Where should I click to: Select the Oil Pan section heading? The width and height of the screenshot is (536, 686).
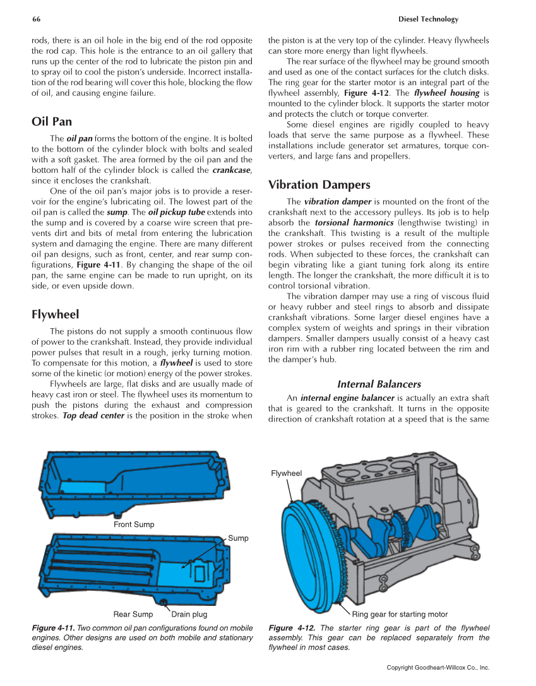pos(52,121)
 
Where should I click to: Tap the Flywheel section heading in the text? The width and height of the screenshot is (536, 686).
pos(55,314)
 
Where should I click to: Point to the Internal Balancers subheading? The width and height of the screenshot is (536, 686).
pos(379,384)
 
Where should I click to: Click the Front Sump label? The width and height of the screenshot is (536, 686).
pos(134,524)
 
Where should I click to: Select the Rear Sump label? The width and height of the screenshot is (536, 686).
pos(133,614)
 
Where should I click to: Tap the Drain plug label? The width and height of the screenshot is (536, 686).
pos(189,614)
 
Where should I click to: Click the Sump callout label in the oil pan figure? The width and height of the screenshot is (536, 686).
pos(238,538)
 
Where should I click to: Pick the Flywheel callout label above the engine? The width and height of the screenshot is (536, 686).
pos(286,473)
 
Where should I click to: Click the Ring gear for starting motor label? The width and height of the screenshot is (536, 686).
pos(400,614)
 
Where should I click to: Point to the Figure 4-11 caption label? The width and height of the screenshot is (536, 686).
pos(53,628)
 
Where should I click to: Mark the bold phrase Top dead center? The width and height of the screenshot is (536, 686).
pos(93,416)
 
